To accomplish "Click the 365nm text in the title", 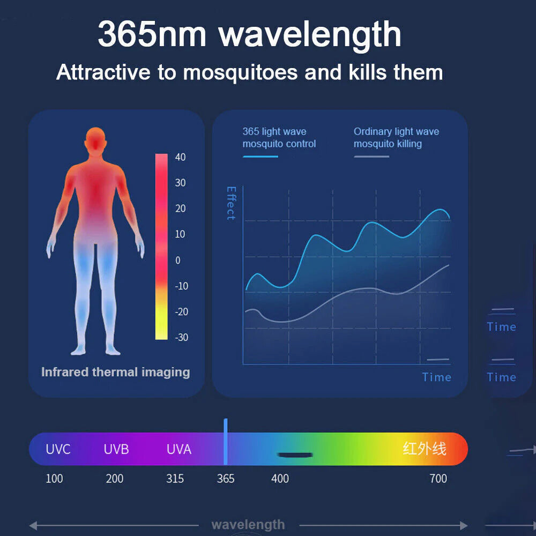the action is pyautogui.click(x=152, y=34).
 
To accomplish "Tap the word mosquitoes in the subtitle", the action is pyautogui.click(x=240, y=73).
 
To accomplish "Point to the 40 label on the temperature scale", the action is pyautogui.click(x=180, y=157).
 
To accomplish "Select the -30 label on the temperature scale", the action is pyautogui.click(x=182, y=337).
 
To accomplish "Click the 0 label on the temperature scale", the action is pyautogui.click(x=178, y=260).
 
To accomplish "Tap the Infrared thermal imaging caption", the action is pyautogui.click(x=116, y=372).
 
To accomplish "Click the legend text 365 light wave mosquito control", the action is pyautogui.click(x=279, y=137).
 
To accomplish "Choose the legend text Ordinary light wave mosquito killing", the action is pyautogui.click(x=396, y=137).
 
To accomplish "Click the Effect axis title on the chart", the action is pyautogui.click(x=232, y=203).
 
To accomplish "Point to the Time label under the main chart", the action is pyautogui.click(x=436, y=377).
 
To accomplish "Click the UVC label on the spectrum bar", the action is pyautogui.click(x=58, y=449).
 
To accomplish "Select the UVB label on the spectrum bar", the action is pyautogui.click(x=116, y=449).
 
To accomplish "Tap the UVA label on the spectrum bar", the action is pyautogui.click(x=179, y=449).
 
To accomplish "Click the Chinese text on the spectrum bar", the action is pyautogui.click(x=425, y=449).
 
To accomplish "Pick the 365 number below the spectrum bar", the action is pyautogui.click(x=226, y=479).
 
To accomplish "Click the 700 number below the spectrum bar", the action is pyautogui.click(x=438, y=479).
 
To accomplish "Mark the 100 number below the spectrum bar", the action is pyautogui.click(x=54, y=479).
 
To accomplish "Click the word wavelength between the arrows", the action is pyautogui.click(x=248, y=524).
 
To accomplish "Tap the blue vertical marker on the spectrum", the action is pyautogui.click(x=226, y=442).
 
